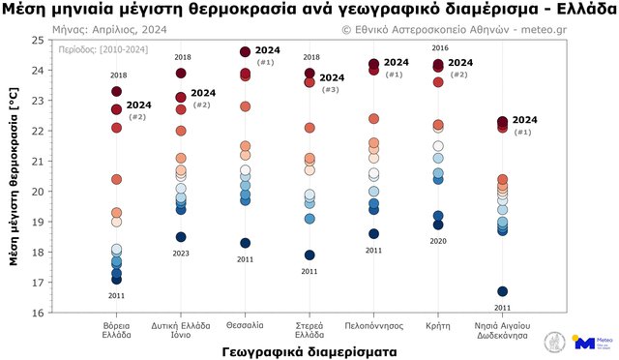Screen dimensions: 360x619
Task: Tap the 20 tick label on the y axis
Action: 38,192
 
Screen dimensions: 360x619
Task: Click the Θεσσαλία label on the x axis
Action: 245,323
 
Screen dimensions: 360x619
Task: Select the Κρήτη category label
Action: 438,323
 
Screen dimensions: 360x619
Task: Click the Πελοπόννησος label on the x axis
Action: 373,323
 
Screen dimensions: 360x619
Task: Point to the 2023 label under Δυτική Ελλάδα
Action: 181,254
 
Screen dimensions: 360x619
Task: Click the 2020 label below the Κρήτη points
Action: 438,241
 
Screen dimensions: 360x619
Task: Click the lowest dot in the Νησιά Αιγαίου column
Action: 502,291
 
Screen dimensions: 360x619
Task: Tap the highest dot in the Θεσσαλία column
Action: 245,52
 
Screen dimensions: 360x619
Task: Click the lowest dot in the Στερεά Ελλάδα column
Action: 309,255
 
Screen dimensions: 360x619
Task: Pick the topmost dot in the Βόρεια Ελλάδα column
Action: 116,92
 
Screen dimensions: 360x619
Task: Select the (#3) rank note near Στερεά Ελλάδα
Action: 331,89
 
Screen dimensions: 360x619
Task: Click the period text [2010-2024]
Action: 90,46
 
